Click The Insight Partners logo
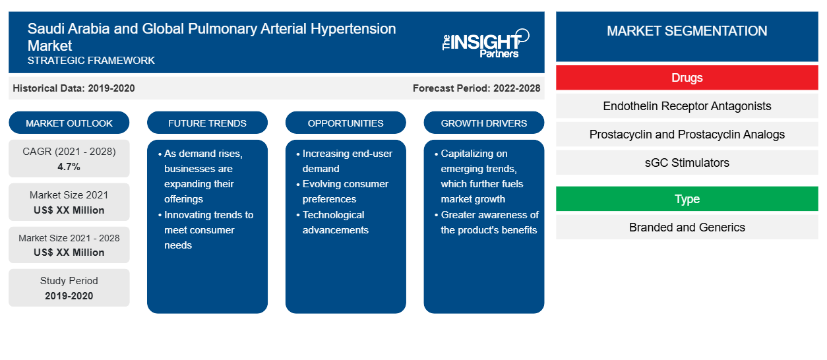pos(485,44)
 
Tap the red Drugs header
pos(687,78)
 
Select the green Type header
pos(687,198)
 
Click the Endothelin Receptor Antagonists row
pos(687,106)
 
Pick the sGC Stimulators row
pos(687,162)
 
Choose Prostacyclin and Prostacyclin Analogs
pos(687,135)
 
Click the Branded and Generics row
pos(687,227)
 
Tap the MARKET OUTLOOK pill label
pos(69,123)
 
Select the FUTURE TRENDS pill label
pos(207,123)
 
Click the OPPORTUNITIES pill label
pos(346,123)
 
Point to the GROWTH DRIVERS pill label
pos(483,123)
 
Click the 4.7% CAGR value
pos(69,167)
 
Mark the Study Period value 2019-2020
pos(69,296)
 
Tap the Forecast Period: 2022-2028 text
pos(476,88)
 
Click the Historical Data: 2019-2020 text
pos(74,88)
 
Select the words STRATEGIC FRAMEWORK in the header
pos(91,61)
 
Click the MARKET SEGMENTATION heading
pos(687,30)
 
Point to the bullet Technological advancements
pos(334,222)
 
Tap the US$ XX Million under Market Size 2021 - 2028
pos(69,252)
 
